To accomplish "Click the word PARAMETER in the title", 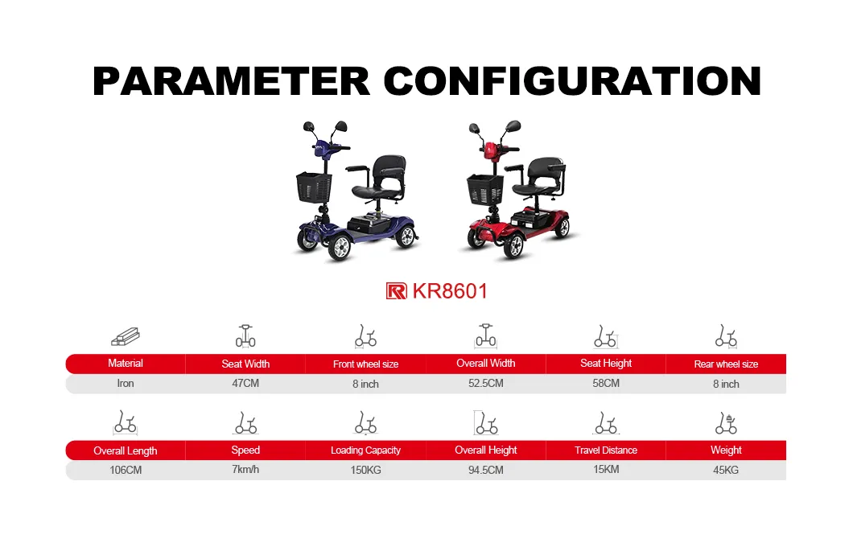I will tap(231, 80).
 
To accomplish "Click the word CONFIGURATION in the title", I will tap(572, 80).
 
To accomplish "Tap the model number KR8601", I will tap(450, 290).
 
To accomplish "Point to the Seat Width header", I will tap(245, 364).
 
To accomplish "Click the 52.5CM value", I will tap(486, 383).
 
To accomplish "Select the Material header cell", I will tap(126, 364).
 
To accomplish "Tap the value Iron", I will tap(126, 383).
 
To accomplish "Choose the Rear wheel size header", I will tap(726, 364).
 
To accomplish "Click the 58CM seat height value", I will tap(606, 383).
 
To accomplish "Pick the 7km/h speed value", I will tap(245, 469).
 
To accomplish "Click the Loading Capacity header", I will tap(365, 450).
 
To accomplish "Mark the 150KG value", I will tap(365, 470).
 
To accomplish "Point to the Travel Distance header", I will tap(606, 450).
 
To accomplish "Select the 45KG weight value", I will tap(726, 470).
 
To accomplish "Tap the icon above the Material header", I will tap(126, 337).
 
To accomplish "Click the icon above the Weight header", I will tap(726, 423).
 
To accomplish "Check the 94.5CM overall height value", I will tap(486, 470).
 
